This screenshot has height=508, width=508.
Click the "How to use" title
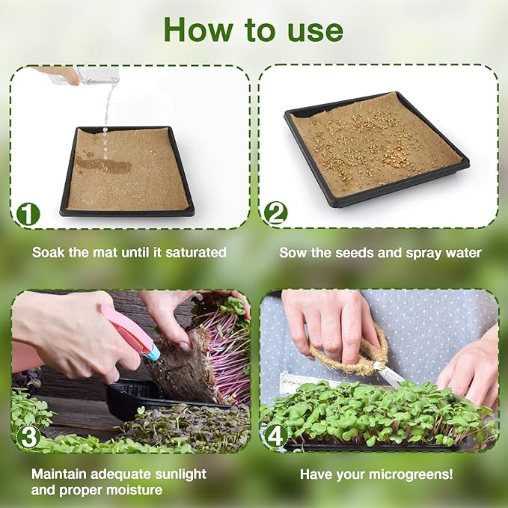[x=254, y=29]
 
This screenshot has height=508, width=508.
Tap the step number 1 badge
[x=28, y=214]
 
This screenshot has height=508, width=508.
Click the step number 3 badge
[x=28, y=437]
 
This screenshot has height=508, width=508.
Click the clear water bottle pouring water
[x=96, y=75]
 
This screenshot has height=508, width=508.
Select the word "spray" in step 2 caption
[x=429, y=253]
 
